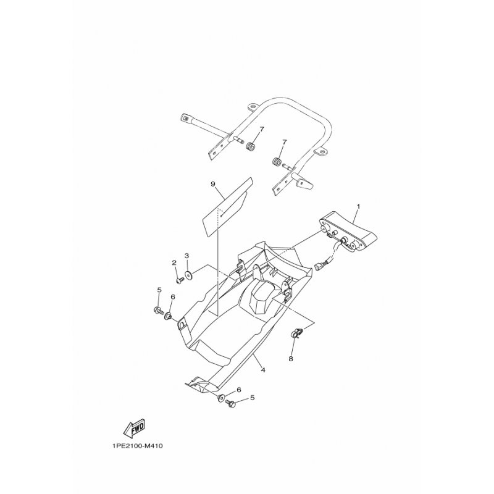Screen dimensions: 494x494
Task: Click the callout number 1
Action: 358,206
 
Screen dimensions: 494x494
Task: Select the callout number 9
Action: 213,184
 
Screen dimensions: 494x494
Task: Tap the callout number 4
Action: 263,370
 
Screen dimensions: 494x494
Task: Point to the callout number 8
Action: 291,359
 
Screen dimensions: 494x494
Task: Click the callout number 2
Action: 174,262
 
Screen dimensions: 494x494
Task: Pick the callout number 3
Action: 186,255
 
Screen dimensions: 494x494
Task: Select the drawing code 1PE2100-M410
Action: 137,446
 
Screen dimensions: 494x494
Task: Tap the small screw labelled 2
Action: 180,280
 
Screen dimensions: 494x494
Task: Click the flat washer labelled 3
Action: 189,275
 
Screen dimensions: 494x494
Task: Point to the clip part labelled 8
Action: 297,333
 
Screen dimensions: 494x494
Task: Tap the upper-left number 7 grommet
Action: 251,147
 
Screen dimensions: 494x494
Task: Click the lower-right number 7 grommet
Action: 277,163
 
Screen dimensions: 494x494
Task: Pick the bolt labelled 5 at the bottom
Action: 230,403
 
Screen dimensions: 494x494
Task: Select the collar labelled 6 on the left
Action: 167,316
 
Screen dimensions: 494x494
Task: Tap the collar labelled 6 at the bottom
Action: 221,398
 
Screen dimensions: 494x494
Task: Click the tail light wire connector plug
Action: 319,267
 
